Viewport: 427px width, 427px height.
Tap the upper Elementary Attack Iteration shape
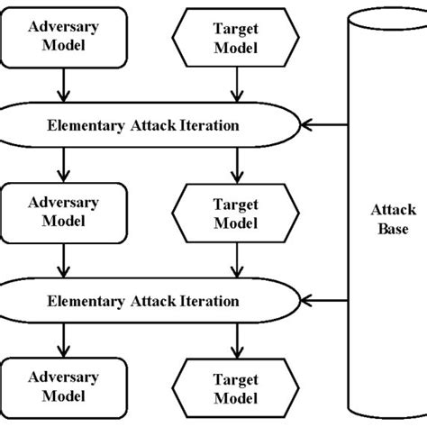coord(150,125)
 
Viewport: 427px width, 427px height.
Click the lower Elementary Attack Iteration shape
coord(150,300)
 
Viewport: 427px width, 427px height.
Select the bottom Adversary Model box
coord(61,387)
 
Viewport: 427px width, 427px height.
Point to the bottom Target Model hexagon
coord(235,387)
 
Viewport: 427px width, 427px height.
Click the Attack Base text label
coord(393,215)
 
